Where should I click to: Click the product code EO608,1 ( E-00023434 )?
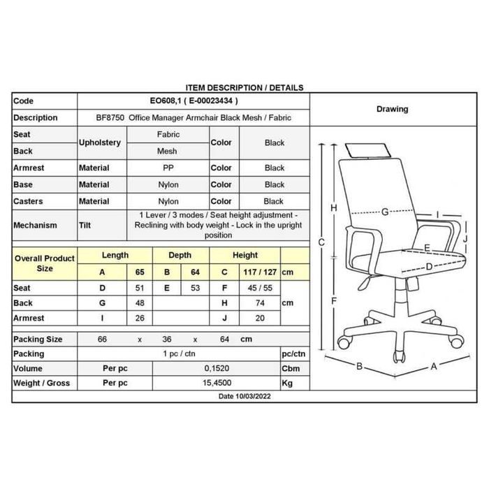point(194,101)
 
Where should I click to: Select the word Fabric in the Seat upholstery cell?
point(168,134)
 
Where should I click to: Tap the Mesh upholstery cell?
point(167,152)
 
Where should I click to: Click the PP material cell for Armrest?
point(168,168)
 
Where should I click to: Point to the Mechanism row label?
point(35,225)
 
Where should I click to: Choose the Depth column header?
point(180,255)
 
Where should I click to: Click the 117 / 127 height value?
point(260,272)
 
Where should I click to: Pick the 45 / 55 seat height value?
point(260,288)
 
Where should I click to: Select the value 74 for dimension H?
point(260,302)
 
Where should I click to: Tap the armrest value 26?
point(140,318)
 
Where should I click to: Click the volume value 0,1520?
point(217,368)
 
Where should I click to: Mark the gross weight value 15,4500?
point(217,383)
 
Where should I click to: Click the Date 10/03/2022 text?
point(245,396)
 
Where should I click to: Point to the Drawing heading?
point(393,109)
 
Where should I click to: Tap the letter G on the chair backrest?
point(385,212)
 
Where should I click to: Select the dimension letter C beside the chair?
point(321,242)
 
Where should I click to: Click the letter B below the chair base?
point(359,366)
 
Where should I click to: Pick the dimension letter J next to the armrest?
point(465,239)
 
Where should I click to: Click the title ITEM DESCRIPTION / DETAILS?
point(245,87)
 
